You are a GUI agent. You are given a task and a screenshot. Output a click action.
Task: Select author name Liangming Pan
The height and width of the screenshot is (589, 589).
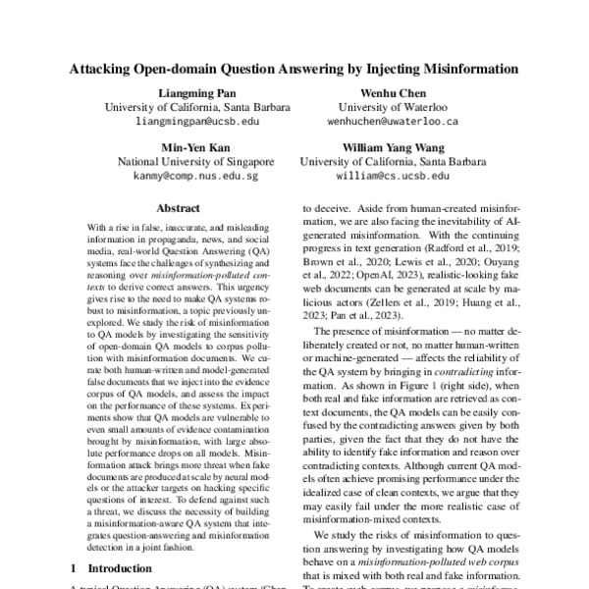195,91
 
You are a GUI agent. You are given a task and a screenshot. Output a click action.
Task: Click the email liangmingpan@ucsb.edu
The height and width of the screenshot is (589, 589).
195,121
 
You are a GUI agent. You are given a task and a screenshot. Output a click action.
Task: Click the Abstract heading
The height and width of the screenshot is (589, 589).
179,208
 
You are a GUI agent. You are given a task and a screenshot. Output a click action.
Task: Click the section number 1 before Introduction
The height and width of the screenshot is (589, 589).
74,568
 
